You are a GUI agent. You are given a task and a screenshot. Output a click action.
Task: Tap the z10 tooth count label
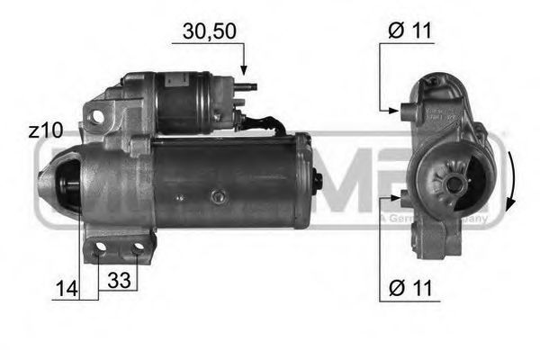[45, 130]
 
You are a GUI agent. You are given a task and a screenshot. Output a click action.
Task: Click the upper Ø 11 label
[410, 31]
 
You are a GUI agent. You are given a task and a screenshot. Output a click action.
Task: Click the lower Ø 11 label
[410, 291]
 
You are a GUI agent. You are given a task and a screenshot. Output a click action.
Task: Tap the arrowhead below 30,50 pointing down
[243, 69]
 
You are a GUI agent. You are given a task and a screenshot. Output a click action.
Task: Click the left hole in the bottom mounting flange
[101, 247]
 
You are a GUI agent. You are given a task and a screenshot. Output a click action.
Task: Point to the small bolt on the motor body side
[215, 195]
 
